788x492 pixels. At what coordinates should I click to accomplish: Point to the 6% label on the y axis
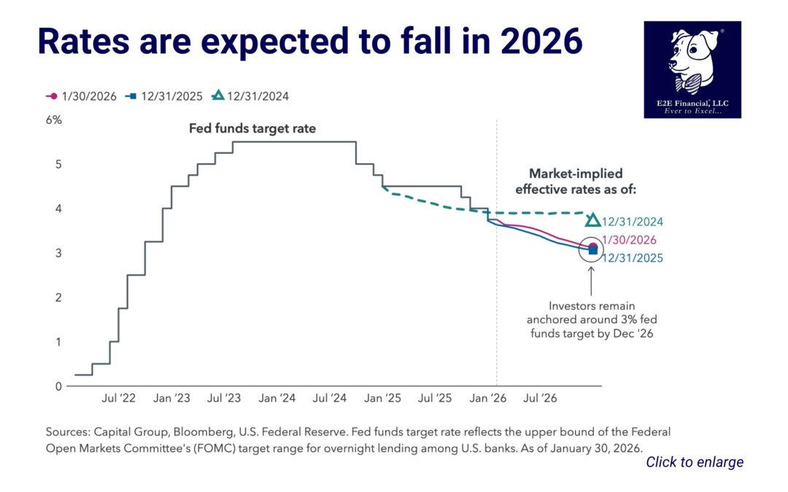tap(54, 120)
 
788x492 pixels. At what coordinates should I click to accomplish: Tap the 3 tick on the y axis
tap(58, 253)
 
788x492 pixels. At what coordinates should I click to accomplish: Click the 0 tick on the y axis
tap(58, 386)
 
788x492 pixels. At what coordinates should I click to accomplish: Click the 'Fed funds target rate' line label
tap(252, 129)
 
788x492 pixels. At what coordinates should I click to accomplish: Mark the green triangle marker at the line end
tap(593, 219)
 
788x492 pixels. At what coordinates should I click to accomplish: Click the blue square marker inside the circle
tap(592, 251)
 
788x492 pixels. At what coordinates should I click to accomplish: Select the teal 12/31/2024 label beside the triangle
tap(633, 222)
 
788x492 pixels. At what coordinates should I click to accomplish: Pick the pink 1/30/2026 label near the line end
tap(629, 240)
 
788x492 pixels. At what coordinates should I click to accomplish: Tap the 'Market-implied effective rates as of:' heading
tap(575, 182)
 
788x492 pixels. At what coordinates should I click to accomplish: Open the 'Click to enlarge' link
tap(695, 462)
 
